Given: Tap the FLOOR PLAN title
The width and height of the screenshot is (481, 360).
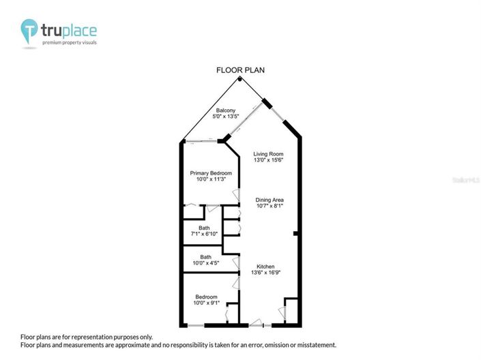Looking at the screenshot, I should coord(240,70).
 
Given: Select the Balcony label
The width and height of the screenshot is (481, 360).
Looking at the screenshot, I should coord(226,110).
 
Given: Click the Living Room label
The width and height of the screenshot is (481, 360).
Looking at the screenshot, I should coord(268,154).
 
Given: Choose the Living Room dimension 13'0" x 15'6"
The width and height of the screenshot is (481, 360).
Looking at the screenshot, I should coord(268,160).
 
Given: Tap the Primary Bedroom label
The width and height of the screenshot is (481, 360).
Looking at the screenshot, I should coord(211,173).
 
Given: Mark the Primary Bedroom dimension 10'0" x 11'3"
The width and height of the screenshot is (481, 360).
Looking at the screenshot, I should coord(211,179).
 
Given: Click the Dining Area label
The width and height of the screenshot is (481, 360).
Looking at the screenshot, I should coord(269,199).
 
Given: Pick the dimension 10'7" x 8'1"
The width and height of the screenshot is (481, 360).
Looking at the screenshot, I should coord(269,205).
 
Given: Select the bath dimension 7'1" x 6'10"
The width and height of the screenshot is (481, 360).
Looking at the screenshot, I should coord(204,234).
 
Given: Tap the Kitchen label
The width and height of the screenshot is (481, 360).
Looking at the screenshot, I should coord(265,266).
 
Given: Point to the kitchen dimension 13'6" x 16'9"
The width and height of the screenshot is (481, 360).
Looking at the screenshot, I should coord(265,272).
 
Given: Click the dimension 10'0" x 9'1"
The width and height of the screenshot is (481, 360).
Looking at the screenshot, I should coord(205,303).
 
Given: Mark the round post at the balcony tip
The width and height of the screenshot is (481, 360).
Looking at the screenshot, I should coord(239,79).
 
